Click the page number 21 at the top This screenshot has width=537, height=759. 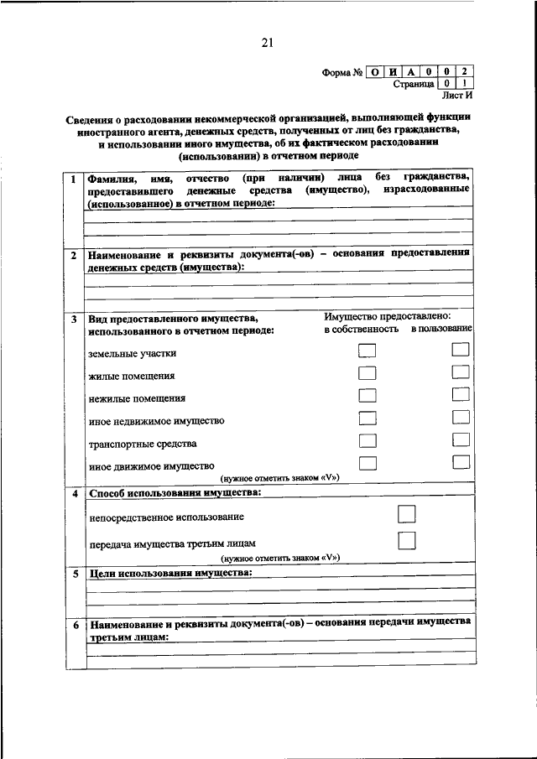pyautogui.click(x=268, y=43)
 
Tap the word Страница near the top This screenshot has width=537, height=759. pyautogui.click(x=414, y=85)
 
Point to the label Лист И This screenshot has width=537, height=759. pyautogui.click(x=457, y=96)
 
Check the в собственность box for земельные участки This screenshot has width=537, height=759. pyautogui.click(x=367, y=352)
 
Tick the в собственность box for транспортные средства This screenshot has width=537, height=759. pyautogui.click(x=367, y=440)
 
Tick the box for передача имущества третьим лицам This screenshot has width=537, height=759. pyautogui.click(x=407, y=540)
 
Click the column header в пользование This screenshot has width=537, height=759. pyautogui.click(x=441, y=331)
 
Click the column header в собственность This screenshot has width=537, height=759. pyautogui.click(x=362, y=331)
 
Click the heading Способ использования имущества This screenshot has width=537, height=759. pyautogui.click(x=175, y=492)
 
